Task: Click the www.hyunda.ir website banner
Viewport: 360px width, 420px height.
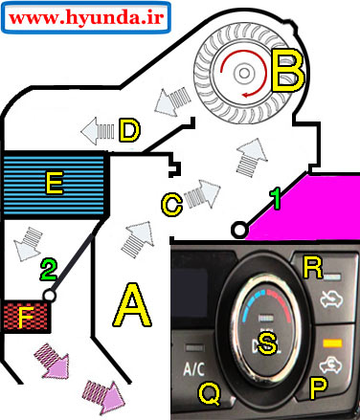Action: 86,17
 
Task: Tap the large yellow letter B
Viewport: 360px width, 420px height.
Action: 288,71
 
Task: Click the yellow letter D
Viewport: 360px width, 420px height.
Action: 129,130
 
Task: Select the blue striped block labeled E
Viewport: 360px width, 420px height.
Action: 55,185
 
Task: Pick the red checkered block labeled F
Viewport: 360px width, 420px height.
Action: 26,317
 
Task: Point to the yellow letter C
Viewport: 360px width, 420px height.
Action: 172,205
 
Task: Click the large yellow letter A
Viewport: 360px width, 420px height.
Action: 132,305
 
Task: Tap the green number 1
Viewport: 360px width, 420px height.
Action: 275,199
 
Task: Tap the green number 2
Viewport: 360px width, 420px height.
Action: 49,270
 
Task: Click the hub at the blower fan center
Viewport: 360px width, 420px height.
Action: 244,74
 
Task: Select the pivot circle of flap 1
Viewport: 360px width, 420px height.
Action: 239,230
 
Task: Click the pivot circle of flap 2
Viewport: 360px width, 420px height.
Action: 49,296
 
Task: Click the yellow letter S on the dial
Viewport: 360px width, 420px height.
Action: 267,343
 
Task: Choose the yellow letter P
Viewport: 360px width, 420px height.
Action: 318,387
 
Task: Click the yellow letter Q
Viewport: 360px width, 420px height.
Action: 210,393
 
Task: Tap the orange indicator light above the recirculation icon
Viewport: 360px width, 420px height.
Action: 332,343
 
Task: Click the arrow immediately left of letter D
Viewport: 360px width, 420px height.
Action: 98,131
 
